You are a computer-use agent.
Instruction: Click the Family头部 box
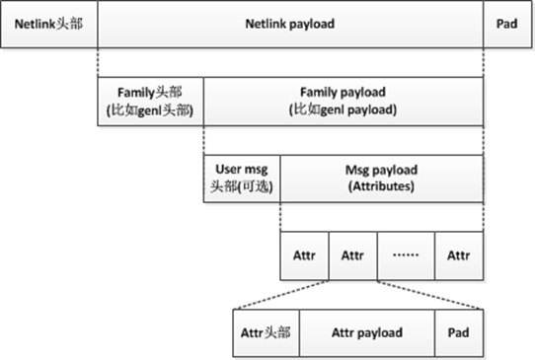pos(150,102)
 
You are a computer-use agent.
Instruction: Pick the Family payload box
pos(343,102)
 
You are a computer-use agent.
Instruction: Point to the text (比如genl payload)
pos(343,110)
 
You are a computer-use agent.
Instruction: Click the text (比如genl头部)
pos(150,110)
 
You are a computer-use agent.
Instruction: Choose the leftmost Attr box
pos(304,255)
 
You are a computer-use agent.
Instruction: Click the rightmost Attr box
pos(458,255)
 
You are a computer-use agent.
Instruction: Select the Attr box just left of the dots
pos(352,255)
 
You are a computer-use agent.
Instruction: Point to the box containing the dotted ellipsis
pos(406,255)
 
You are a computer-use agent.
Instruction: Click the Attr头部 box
pos(266,332)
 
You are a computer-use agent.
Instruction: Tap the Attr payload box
pos(366,332)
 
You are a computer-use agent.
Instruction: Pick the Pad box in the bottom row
pos(458,332)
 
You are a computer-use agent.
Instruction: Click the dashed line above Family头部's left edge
pos(97,62)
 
